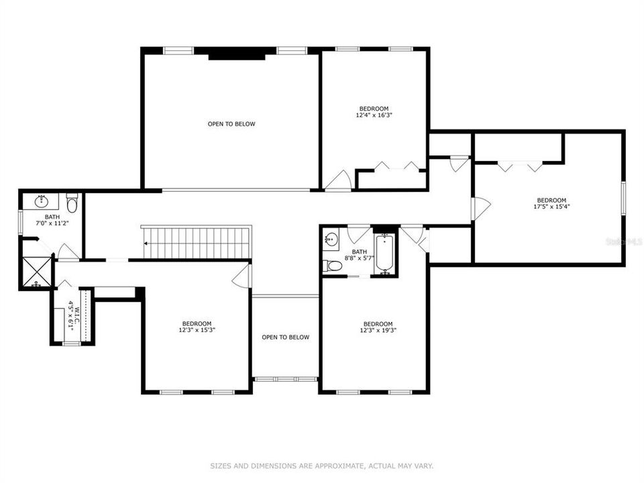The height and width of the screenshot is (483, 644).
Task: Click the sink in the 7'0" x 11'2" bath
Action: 42,201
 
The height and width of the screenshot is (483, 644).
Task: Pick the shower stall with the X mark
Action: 37,272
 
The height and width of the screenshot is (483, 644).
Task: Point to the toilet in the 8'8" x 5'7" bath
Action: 333,266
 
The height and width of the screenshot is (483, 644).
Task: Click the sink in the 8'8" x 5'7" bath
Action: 330,239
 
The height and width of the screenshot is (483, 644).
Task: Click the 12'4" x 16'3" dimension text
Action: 374,115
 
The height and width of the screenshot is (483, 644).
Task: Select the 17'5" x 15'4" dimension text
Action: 551,207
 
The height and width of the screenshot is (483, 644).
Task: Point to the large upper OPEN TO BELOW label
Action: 231,123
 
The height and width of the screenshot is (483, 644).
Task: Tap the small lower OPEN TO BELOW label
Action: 285,337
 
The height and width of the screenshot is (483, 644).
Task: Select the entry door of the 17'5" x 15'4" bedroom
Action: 480,208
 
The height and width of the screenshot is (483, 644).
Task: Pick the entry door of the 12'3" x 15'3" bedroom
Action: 242,276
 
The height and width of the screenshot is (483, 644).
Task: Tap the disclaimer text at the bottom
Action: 322,465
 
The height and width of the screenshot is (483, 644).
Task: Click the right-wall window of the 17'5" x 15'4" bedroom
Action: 623,199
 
